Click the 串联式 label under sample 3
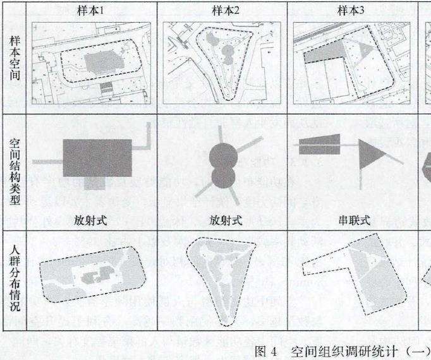point(355,221)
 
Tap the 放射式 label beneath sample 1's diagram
point(91,221)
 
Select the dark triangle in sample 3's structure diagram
point(370,153)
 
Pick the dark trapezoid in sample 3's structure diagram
point(320,145)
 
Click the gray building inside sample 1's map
point(100,63)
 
